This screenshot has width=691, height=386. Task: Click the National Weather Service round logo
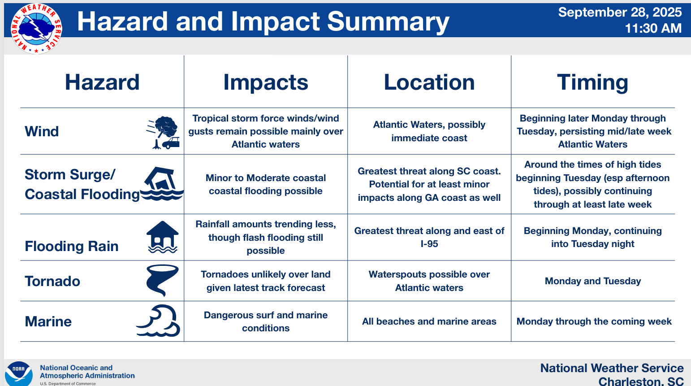(36, 29)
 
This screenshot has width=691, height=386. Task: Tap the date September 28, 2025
(620, 13)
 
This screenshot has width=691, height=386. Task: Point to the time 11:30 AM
(653, 28)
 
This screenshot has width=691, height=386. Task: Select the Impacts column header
(266, 82)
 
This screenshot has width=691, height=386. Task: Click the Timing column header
(592, 82)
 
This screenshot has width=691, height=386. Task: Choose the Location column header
(429, 82)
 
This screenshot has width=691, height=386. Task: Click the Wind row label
(42, 131)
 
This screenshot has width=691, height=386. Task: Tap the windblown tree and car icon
(163, 133)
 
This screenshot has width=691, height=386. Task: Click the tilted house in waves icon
(162, 184)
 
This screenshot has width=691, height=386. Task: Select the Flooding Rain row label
(72, 246)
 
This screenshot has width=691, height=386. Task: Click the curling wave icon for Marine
(158, 321)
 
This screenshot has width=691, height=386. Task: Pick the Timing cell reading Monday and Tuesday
(592, 281)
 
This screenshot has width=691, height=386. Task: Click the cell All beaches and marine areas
(429, 321)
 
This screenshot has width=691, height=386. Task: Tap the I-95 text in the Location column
(429, 244)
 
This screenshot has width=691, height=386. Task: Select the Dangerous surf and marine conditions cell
(266, 321)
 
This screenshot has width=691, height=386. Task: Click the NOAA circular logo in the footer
(18, 373)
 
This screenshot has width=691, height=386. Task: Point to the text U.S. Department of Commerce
(68, 383)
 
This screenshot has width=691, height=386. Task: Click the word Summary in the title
(388, 22)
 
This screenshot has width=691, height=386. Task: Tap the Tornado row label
(52, 282)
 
